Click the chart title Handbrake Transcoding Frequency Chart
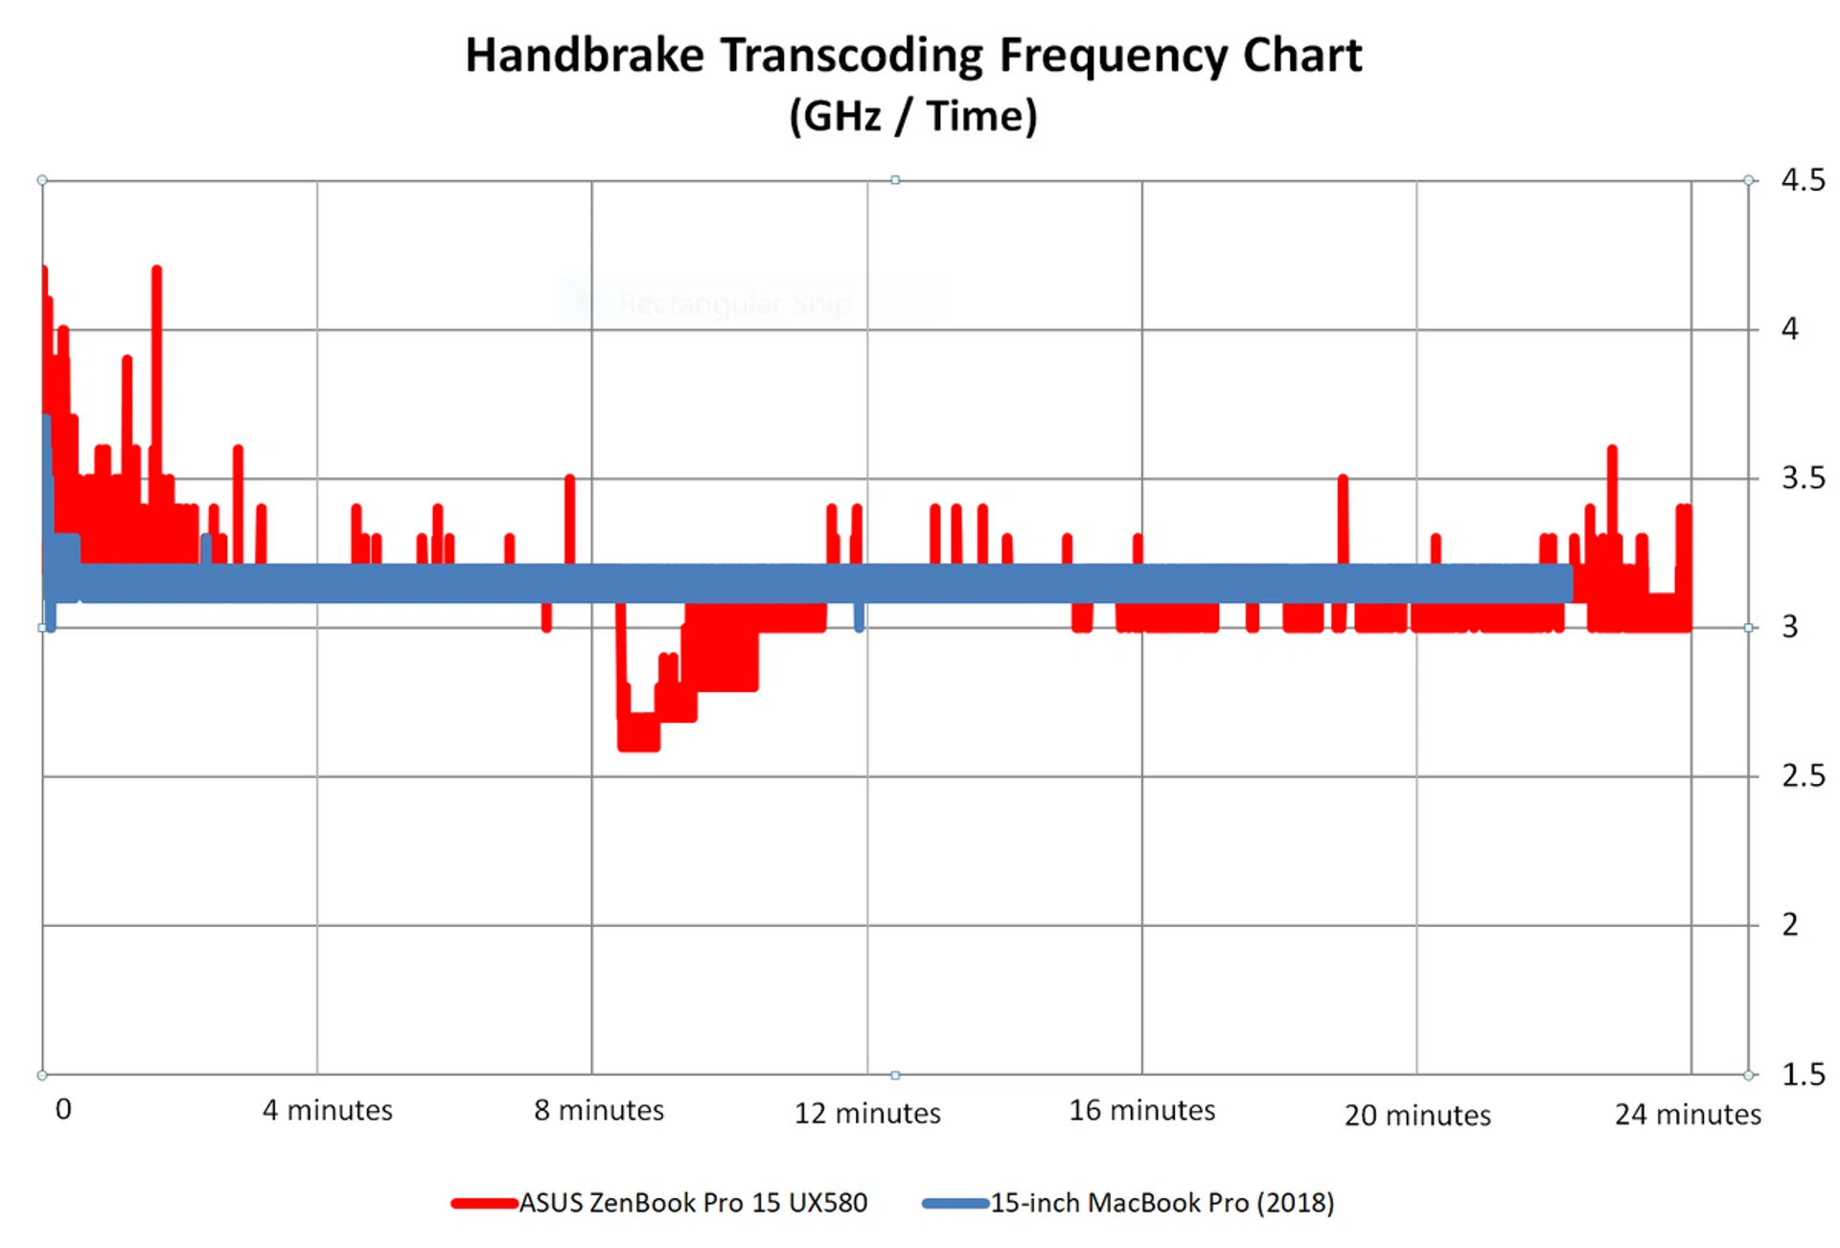coord(912,56)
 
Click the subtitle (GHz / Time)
coord(912,117)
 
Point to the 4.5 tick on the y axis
coord(1803,180)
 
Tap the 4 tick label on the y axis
coord(1790,330)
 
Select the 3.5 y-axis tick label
coord(1803,478)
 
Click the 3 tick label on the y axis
coord(1790,627)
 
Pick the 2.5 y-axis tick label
coord(1803,776)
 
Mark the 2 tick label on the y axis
coord(1790,925)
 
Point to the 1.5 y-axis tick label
coord(1803,1075)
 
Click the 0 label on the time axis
coord(63,1109)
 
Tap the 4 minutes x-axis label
coord(328,1110)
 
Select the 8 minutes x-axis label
coord(599,1110)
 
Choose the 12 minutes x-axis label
coord(867,1113)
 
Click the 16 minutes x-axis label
coord(1142,1110)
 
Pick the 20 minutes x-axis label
coord(1417,1115)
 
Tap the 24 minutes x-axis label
coord(1688,1114)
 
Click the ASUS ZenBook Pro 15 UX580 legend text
coord(693,1203)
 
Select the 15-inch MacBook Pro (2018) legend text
coord(1161,1203)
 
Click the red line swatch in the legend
coord(484,1204)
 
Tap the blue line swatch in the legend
coord(954,1204)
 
